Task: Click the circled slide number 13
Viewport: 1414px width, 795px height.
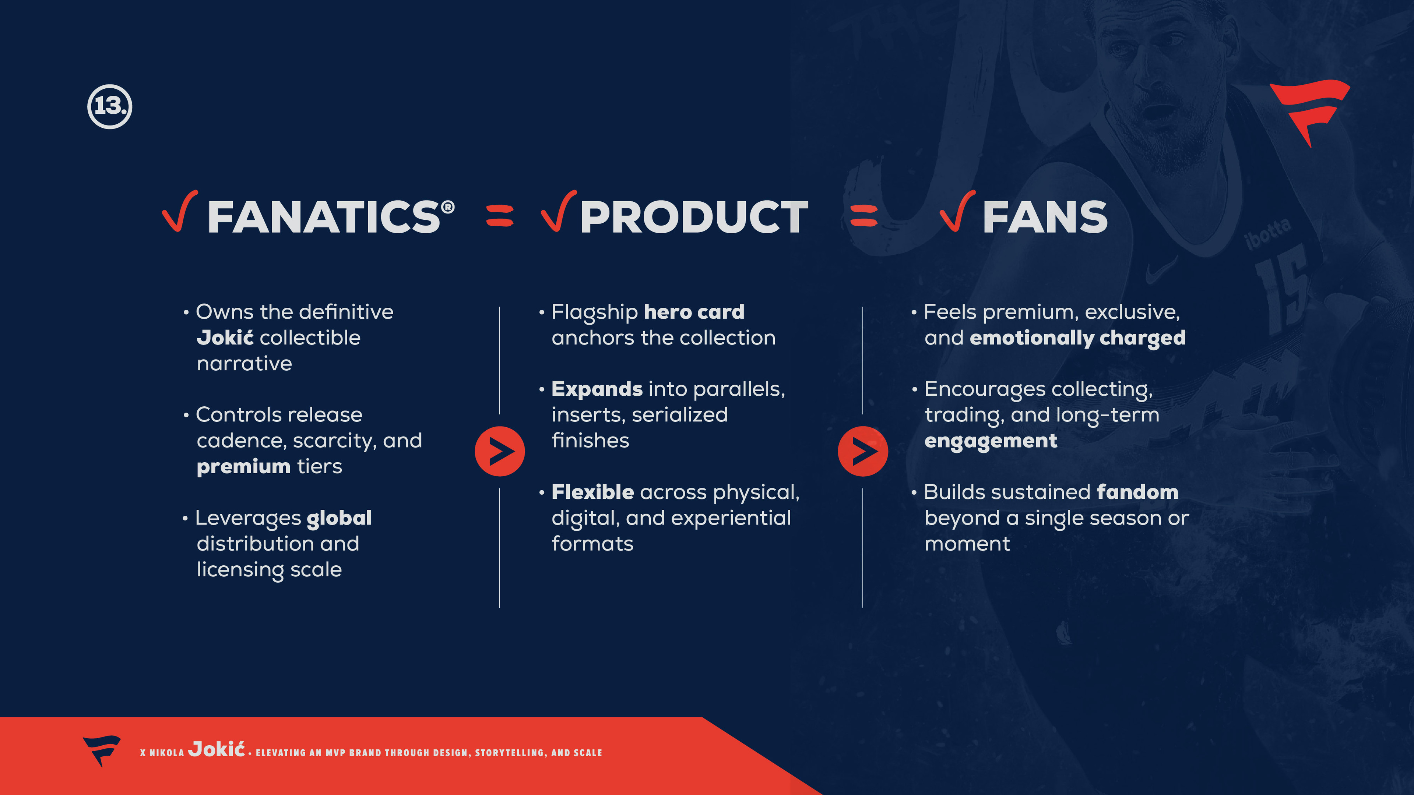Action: [x=110, y=106]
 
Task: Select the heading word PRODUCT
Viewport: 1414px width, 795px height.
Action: [x=694, y=217]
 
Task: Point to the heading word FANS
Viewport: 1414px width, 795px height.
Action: [x=1045, y=217]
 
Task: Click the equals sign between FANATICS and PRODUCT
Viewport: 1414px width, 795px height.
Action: [x=500, y=216]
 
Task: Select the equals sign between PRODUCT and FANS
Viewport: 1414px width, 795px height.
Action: [x=863, y=216]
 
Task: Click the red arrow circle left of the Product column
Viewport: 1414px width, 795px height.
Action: [x=500, y=451]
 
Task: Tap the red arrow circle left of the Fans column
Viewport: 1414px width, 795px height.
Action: [x=862, y=451]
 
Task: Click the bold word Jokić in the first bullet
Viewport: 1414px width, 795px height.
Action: [x=225, y=338]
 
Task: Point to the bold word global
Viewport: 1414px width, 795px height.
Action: [x=339, y=518]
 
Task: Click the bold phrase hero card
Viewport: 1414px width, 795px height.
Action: [x=694, y=312]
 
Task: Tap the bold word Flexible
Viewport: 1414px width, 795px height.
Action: [x=592, y=492]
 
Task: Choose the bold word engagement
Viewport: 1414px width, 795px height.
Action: [x=990, y=441]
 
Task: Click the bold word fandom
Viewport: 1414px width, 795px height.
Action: [x=1137, y=492]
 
